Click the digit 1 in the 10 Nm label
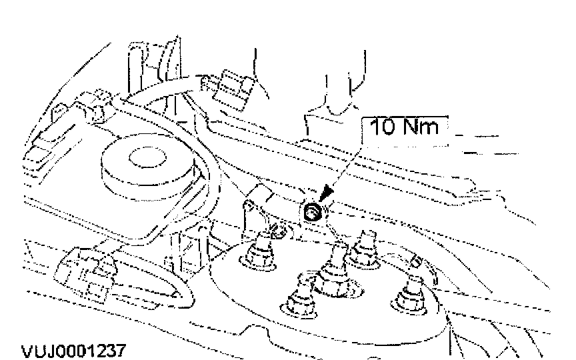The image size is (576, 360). pyautogui.click(x=375, y=127)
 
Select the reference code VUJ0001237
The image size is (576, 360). pyautogui.click(x=74, y=351)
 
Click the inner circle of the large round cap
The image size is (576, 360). pyautogui.click(x=147, y=157)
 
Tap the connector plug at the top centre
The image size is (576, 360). pyautogui.click(x=228, y=89)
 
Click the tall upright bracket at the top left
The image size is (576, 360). pyautogui.click(x=154, y=66)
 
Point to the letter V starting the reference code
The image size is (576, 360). pyautogui.click(x=27, y=351)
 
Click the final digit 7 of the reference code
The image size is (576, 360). pyautogui.click(x=121, y=351)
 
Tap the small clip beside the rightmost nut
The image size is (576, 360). pyautogui.click(x=416, y=261)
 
